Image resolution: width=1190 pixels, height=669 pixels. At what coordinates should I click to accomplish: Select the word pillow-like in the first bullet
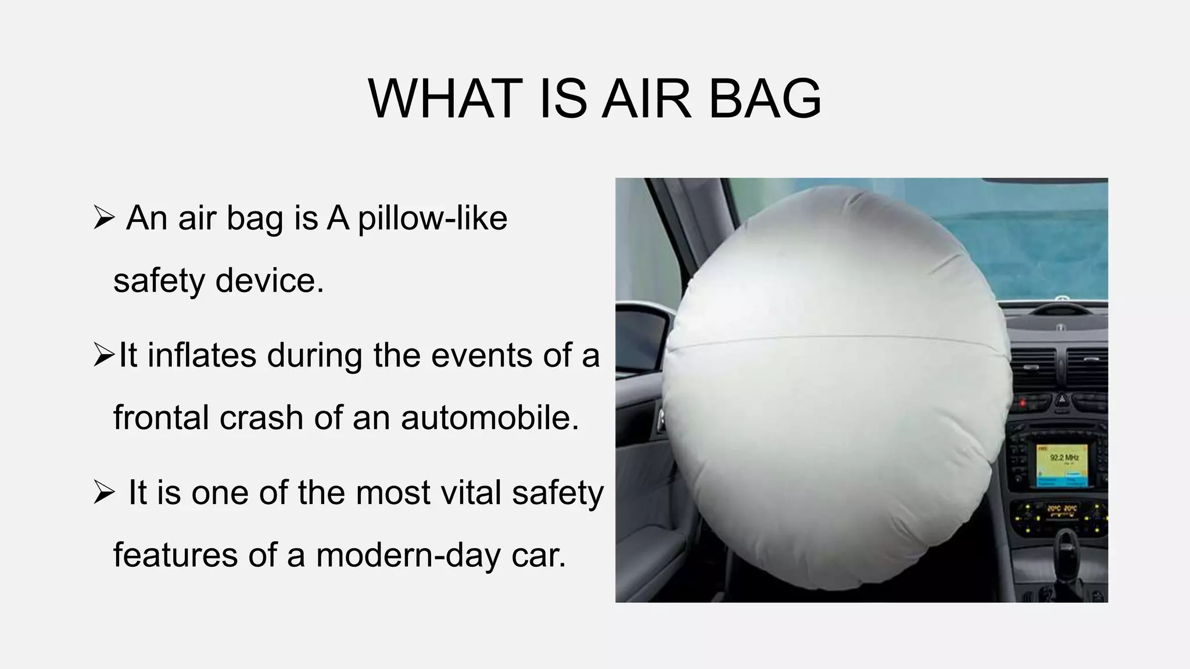(x=432, y=218)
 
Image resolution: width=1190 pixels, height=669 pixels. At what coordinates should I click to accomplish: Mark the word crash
(x=253, y=418)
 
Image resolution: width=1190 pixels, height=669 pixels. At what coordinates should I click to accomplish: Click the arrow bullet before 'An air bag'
(x=103, y=220)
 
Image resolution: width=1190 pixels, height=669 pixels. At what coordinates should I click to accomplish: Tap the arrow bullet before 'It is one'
(x=103, y=494)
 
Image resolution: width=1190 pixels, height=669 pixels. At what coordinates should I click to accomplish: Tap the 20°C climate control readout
(x=1062, y=509)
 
